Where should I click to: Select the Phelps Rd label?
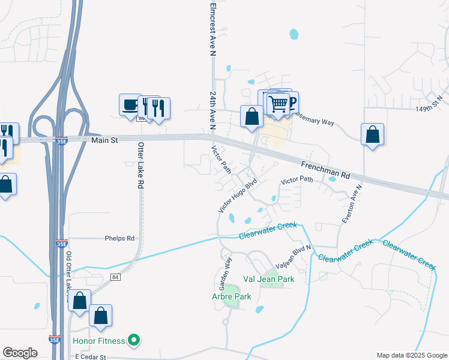click(119, 238)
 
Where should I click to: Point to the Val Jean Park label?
click(268, 279)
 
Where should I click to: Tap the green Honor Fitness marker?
click(134, 341)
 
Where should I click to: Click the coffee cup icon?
click(130, 105)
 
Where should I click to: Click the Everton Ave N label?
click(352, 204)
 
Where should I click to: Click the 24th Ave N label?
click(213, 110)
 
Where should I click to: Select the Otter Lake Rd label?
click(141, 166)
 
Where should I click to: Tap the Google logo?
click(20, 353)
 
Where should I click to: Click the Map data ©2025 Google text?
click(411, 355)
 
